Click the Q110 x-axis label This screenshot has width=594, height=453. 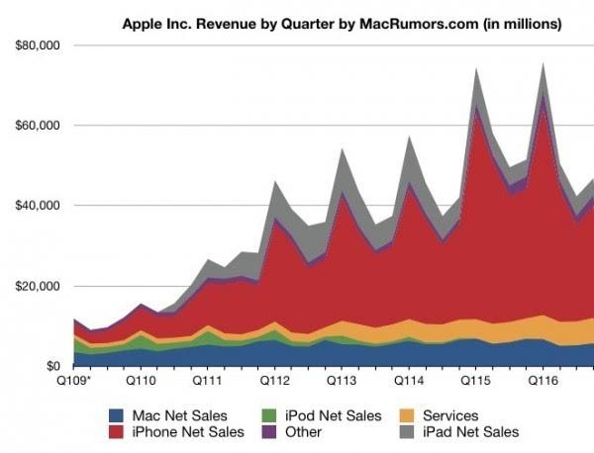click(x=140, y=380)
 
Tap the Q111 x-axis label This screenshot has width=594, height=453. click(x=207, y=380)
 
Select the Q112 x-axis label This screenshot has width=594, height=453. click(x=274, y=380)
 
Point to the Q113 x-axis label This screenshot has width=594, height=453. click(x=342, y=380)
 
